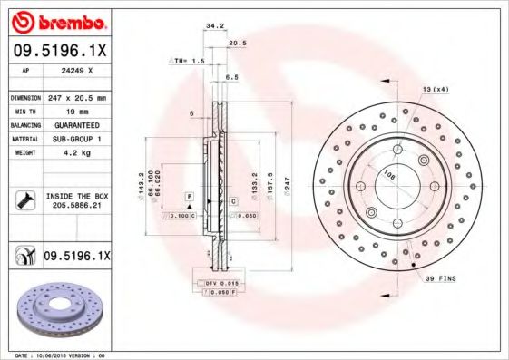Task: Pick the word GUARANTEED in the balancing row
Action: point(76,124)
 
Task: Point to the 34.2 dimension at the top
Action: point(215,27)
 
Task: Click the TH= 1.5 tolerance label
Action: point(187,61)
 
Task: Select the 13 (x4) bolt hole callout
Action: point(435,89)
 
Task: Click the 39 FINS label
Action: point(439,279)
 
